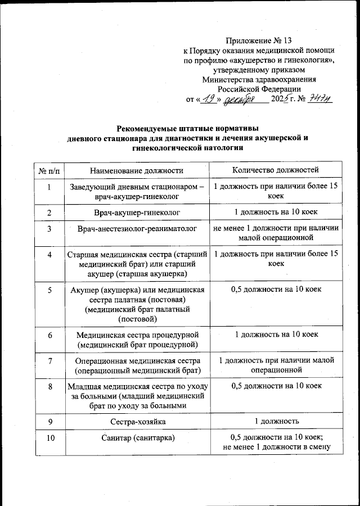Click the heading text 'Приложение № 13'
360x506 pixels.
259,40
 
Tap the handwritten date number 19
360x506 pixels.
208,100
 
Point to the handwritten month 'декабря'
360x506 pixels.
238,100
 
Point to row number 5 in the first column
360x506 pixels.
49,290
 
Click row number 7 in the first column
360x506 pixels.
49,360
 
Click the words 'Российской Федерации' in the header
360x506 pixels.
259,89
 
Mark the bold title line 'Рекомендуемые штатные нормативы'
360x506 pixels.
179,128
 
